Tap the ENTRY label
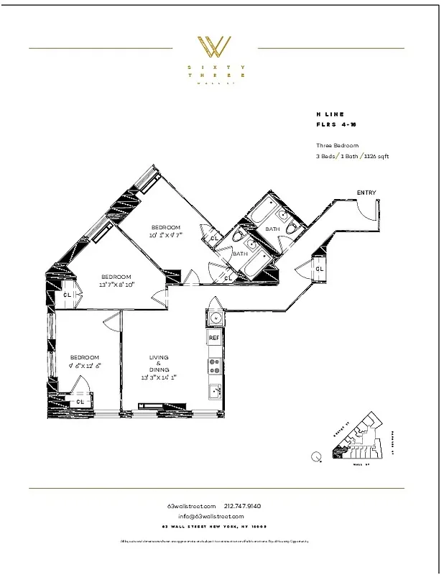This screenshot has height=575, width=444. coord(366,193)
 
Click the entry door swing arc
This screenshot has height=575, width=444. coord(367,209)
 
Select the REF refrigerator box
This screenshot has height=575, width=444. coord(213,337)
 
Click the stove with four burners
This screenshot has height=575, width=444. coord(213,367)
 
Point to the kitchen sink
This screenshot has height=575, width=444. coord(214,392)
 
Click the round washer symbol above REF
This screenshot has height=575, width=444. coord(213,317)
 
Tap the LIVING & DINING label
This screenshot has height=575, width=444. coord(159,367)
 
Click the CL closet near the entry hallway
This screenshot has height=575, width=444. coord(319,269)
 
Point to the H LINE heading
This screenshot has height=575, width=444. coord(330,114)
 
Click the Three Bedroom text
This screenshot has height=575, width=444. coord(337,145)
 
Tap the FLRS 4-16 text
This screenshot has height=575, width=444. coord(336,125)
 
